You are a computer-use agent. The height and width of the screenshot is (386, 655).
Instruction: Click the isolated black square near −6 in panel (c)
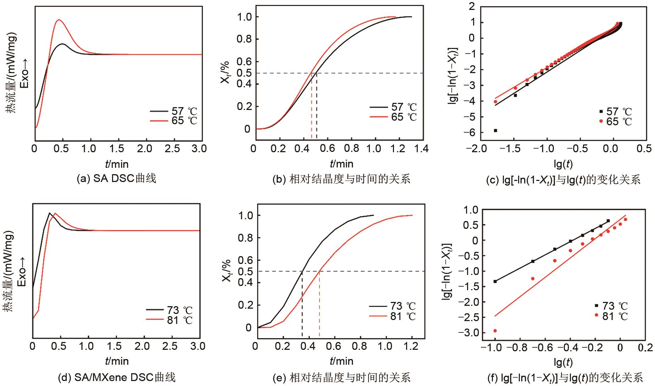coord(495,131)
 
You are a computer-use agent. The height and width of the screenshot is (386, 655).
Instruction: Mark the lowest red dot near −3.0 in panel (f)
coord(495,331)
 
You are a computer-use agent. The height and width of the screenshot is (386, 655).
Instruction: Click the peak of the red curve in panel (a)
coord(59,20)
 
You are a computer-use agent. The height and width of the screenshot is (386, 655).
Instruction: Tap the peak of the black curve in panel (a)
coord(63,44)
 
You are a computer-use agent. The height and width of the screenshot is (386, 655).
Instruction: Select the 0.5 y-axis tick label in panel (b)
coord(245,73)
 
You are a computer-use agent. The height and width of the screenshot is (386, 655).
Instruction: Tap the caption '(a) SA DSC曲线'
coord(116,178)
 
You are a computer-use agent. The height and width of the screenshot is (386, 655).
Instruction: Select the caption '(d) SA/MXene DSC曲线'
coord(117,377)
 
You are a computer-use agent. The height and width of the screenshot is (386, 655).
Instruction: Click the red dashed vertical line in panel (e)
coord(320,305)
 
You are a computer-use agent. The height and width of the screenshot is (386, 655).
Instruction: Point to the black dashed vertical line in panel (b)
coord(316,106)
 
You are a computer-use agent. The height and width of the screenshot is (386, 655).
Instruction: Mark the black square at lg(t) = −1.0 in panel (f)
coord(495,281)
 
